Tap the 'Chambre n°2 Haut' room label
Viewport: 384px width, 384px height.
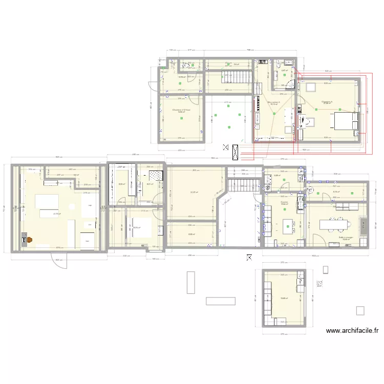[x=181, y=110]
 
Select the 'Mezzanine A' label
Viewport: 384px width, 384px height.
[x=274, y=103]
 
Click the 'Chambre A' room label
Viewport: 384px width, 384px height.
[x=327, y=102]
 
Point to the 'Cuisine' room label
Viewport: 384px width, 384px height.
[x=284, y=203]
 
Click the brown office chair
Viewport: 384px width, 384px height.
[x=30, y=239]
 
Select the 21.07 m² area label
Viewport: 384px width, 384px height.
[x=194, y=193]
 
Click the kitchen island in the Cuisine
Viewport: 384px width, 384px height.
[x=288, y=224]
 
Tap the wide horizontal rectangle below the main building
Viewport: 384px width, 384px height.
[x=221, y=301]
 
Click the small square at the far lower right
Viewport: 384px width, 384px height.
[x=360, y=310]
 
